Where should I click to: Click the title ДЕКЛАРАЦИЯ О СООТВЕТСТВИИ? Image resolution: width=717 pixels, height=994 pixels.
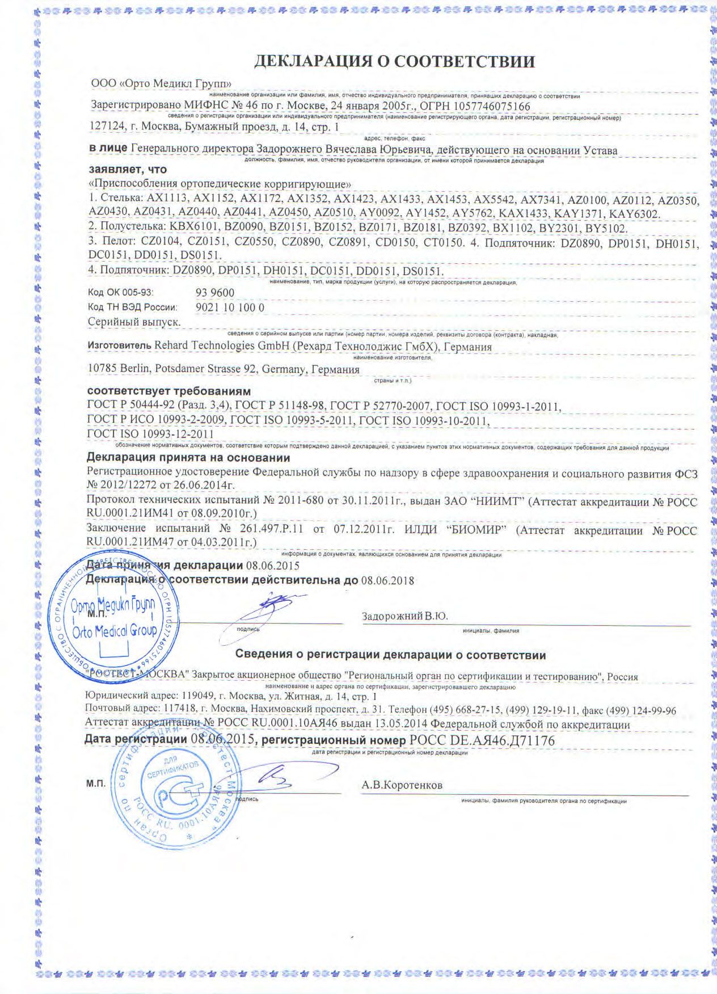click(x=394, y=61)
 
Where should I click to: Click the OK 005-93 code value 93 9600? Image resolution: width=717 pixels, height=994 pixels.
click(x=214, y=293)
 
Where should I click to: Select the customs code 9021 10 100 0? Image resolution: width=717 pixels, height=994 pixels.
click(x=230, y=308)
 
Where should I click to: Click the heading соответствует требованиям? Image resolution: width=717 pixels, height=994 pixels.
click(x=168, y=392)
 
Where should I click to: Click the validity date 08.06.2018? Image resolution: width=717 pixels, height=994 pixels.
click(x=387, y=580)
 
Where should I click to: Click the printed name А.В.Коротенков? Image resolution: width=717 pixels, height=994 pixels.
click(x=402, y=786)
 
